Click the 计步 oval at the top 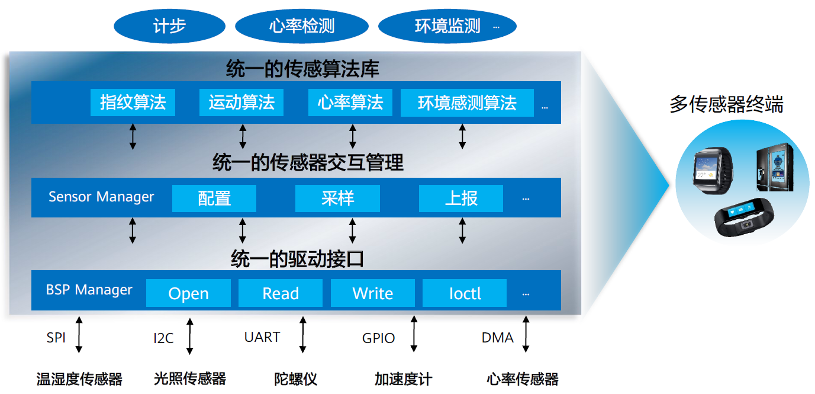(x=169, y=27)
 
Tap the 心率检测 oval (x=302, y=27)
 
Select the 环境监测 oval (x=447, y=27)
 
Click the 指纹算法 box (x=133, y=102)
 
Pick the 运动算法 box (x=241, y=102)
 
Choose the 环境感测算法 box (x=467, y=102)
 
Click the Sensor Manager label (x=101, y=197)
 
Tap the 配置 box (x=214, y=198)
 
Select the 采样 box (x=337, y=198)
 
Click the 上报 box (x=461, y=198)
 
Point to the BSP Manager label (x=89, y=290)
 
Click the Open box (x=188, y=293)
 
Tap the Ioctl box (x=465, y=293)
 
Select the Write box (x=372, y=293)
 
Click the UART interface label (x=262, y=337)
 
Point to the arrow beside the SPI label (x=79, y=335)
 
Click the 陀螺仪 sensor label (x=295, y=379)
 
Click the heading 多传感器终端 (x=726, y=105)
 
